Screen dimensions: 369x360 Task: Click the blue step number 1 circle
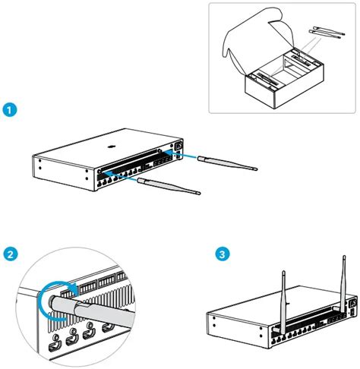[11, 110]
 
